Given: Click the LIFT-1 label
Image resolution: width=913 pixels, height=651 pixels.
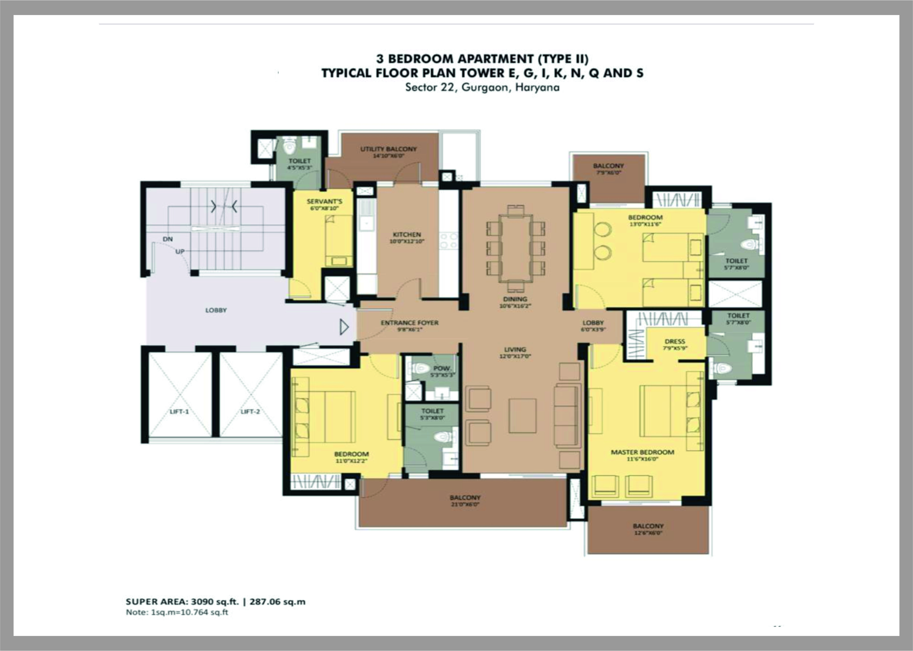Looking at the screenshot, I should click(x=179, y=412).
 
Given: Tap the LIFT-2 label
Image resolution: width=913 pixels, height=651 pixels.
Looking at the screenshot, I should click(x=250, y=412).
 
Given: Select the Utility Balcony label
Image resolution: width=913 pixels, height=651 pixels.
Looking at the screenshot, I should click(x=388, y=149).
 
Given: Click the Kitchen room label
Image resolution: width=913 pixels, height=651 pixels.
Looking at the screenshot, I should click(x=407, y=235).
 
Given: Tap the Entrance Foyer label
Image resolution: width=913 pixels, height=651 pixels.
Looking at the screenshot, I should click(x=409, y=323).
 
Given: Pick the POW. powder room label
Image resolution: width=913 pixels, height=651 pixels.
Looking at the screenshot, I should click(x=442, y=368).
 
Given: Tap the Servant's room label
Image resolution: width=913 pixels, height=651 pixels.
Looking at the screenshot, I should click(x=324, y=201).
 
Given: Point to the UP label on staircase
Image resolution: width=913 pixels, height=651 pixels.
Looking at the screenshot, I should click(x=180, y=252).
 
